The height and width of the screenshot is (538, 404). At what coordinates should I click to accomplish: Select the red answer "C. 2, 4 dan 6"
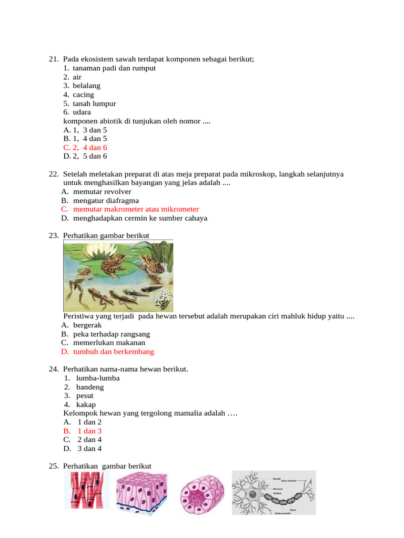(x=85, y=148)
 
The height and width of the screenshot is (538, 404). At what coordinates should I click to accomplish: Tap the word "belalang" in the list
(x=86, y=86)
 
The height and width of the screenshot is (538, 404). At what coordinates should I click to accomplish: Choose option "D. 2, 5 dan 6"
(x=85, y=157)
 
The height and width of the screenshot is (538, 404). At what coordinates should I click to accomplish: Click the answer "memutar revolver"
(x=102, y=192)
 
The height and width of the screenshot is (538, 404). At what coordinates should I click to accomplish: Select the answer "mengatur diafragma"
(x=106, y=201)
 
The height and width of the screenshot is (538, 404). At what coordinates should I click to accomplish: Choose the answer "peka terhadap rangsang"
(x=112, y=334)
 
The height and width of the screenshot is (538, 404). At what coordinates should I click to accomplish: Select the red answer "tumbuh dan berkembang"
(x=114, y=352)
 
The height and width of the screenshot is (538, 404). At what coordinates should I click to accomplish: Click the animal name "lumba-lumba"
(x=98, y=378)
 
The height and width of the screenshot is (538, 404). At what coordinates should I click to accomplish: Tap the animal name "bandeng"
(x=90, y=387)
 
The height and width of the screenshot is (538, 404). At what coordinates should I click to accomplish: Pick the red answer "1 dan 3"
(x=89, y=431)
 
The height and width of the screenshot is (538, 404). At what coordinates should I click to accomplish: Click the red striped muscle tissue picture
(x=87, y=490)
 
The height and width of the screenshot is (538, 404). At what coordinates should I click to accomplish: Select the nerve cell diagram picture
(x=274, y=492)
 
